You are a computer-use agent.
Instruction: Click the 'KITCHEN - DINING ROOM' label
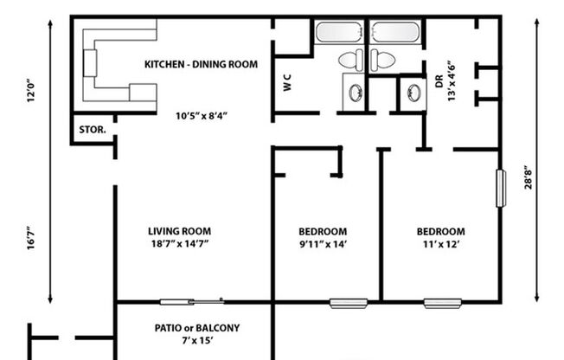point(201,64)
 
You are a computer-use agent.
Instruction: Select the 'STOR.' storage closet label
point(93,130)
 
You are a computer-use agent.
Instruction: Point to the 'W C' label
point(286,85)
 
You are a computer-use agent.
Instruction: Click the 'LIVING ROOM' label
point(179,231)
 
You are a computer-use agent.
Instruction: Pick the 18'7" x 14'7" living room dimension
point(179,245)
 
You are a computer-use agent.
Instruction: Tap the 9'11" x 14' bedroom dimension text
point(323,245)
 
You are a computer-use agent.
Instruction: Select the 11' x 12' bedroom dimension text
point(440,245)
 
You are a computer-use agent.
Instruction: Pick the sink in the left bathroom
point(354,93)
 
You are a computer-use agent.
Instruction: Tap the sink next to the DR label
point(413,93)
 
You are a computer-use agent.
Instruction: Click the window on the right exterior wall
point(500,188)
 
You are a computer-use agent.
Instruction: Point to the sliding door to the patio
point(192,301)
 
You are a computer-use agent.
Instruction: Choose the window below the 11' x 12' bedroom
point(441,303)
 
